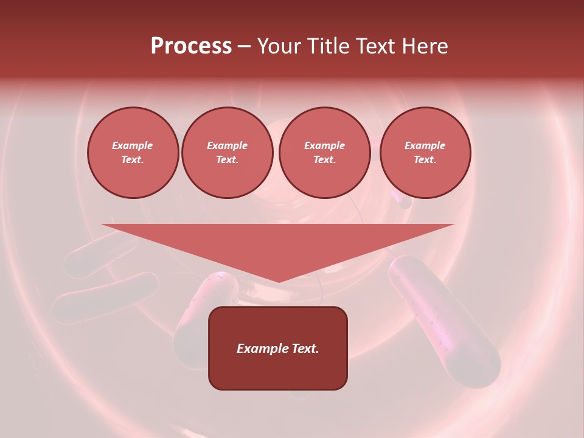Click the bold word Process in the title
coord(191,46)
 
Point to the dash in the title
coord(244,47)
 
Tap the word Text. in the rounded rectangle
coord(304,349)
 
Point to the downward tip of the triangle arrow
coord(279,281)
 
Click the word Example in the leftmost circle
coord(133,145)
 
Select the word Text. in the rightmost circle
coord(425,160)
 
